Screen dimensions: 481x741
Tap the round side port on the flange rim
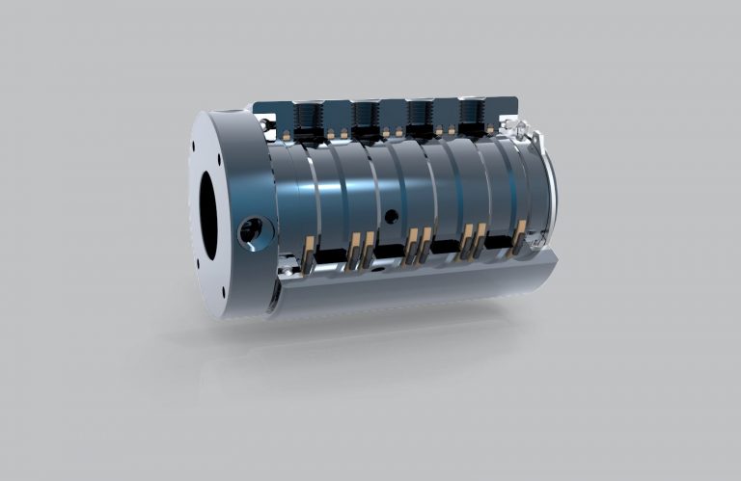tap(251, 231)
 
